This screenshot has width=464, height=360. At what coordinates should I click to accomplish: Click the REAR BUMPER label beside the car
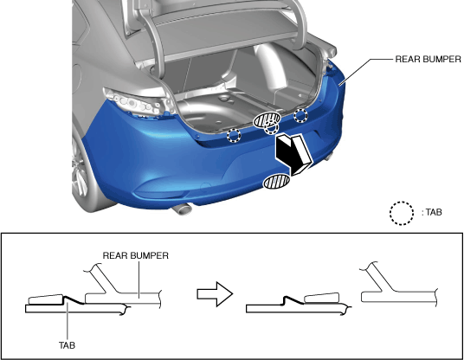point(428,59)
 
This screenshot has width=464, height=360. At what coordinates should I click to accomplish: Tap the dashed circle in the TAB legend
point(402,213)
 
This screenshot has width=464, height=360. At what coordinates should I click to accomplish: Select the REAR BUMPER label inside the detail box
point(136,255)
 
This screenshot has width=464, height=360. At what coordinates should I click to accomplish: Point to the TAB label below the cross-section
point(67,345)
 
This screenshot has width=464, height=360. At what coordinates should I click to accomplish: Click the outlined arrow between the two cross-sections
point(216,294)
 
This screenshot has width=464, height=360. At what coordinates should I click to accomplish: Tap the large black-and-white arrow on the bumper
point(293,154)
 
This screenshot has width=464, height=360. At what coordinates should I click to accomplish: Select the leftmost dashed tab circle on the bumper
point(234,135)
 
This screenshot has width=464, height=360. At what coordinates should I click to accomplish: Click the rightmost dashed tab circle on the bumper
point(300,115)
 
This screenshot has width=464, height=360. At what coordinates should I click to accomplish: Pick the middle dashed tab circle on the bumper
point(271,127)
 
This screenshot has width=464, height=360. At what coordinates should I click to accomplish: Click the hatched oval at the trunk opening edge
point(267,119)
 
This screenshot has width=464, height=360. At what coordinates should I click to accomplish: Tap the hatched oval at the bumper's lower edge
point(277,182)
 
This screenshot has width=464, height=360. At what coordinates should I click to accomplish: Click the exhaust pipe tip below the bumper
point(182,209)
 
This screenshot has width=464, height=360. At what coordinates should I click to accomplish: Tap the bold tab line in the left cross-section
point(74,299)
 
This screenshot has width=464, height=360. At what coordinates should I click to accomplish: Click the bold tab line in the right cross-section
point(293,299)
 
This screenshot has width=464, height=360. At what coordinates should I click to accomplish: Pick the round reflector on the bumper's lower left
point(205,187)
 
